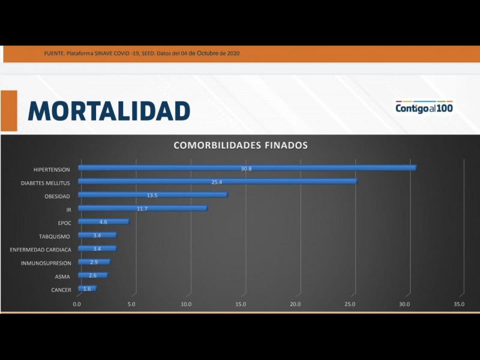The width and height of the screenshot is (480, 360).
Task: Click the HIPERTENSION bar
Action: coord(247,169)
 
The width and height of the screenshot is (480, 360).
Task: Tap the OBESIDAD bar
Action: coord(152,195)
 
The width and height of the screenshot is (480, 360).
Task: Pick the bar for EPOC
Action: coord(103,222)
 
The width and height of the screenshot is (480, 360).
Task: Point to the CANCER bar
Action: coord(87,289)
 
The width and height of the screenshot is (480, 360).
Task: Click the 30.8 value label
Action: coord(247,169)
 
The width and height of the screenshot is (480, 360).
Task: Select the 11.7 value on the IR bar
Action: coord(142,209)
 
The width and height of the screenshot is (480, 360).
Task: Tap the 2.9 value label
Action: coord(94,263)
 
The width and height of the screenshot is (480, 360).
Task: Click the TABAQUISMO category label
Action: coord(55,236)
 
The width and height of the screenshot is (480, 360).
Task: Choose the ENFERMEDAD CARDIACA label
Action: coord(41,250)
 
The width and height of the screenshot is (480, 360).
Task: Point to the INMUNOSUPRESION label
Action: coord(46,263)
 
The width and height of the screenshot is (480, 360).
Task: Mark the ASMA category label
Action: coord(62,277)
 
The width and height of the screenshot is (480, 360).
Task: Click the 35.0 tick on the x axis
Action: coord(459,304)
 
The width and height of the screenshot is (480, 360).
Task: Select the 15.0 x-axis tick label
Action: coord(241,304)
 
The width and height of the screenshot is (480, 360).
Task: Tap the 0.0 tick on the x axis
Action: coord(77,304)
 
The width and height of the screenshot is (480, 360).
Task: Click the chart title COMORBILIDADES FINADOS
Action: coord(241,145)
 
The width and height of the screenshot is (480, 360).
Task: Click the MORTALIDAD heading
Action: coord(109,111)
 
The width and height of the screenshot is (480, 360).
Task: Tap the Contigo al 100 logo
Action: coord(424,108)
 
